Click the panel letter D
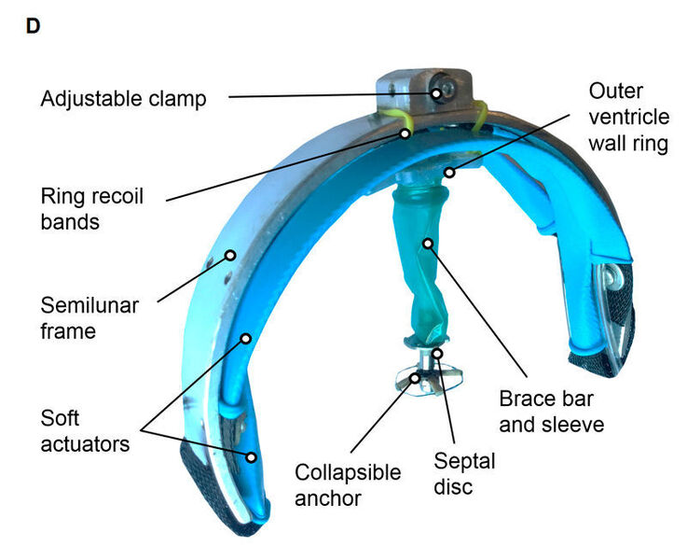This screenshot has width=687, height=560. pyautogui.click(x=33, y=26)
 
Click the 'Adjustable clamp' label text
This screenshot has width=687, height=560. pyautogui.click(x=123, y=98)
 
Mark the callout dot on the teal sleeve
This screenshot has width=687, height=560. pyautogui.click(x=428, y=245)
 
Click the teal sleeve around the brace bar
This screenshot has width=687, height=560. pyautogui.click(x=424, y=271)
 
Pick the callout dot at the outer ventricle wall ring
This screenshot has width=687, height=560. pyautogui.click(x=449, y=172)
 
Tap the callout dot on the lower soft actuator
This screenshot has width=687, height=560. pyautogui.click(x=252, y=456)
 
